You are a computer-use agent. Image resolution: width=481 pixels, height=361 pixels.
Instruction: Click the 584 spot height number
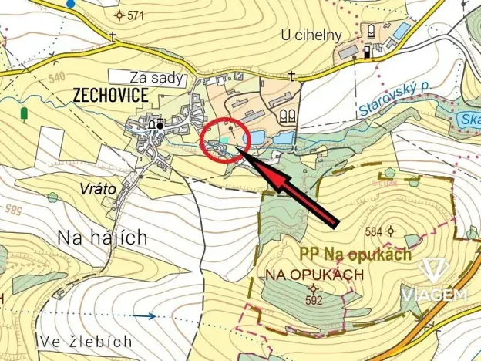pyautogui.click(x=374, y=231)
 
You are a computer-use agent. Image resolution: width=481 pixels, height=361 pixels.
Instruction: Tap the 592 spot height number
pyautogui.click(x=313, y=301)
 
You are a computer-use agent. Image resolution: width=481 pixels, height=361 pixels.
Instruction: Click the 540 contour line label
pyautogui.click(x=35, y=77)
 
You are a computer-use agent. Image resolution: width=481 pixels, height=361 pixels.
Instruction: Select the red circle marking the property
pyautogui.click(x=226, y=140)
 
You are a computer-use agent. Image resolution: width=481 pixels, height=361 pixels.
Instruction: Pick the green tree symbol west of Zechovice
pyautogui.click(x=25, y=114)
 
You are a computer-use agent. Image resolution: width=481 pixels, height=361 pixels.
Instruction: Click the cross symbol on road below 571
pyautogui.click(x=113, y=36)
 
